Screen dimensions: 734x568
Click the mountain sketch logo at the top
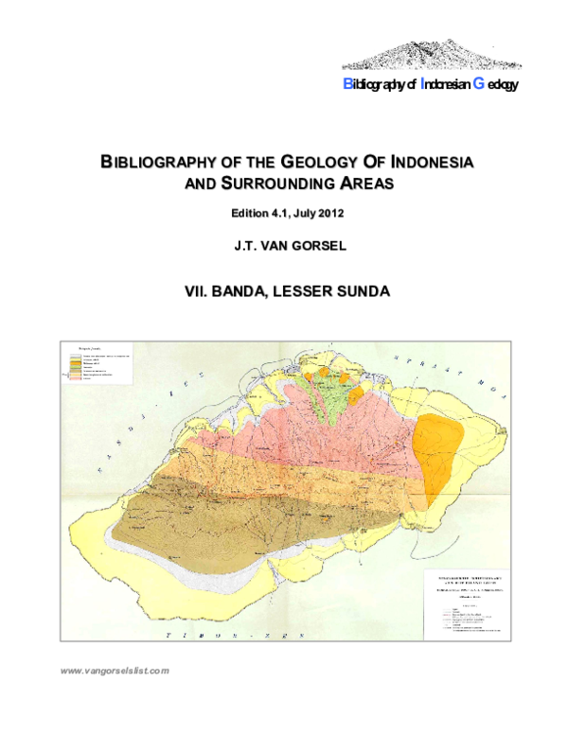coord(431,54)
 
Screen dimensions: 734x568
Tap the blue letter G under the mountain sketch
coord(478,83)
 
